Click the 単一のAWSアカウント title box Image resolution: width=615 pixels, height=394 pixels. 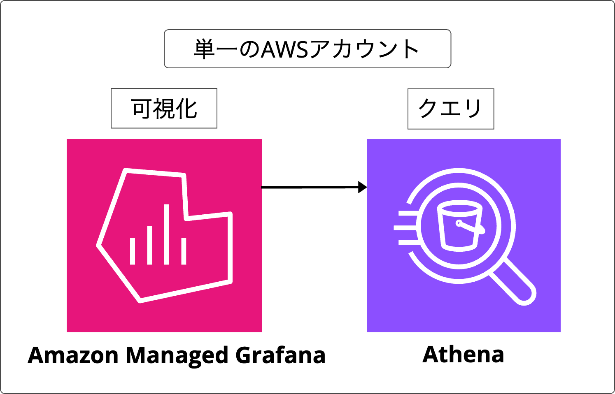(x=307, y=49)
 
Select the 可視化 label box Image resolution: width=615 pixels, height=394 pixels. (x=164, y=108)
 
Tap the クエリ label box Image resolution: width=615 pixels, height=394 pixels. (x=450, y=109)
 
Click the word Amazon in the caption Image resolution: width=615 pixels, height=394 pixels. (x=73, y=355)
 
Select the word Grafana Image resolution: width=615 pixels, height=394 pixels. (x=280, y=355)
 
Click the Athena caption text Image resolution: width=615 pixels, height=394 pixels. (x=463, y=355)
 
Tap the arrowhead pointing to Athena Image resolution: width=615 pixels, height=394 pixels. (x=362, y=187)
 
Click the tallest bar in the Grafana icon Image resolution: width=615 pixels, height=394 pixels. (x=167, y=234)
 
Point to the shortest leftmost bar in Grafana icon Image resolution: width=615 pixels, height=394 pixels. (x=133, y=251)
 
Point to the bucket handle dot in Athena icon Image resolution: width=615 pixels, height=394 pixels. (x=459, y=223)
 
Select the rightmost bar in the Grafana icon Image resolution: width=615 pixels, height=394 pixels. (x=184, y=251)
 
